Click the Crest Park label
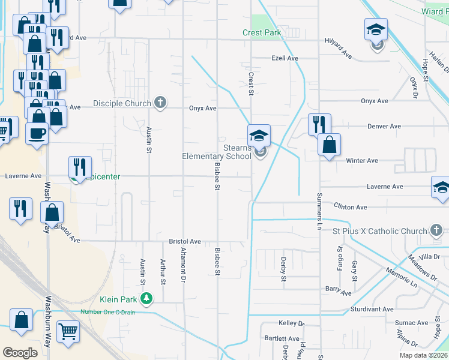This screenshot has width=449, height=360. pos(262,32)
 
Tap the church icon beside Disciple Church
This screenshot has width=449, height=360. pos(160,103)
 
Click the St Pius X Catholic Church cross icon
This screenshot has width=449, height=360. pos(436,230)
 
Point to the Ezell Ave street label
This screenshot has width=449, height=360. pos(285,58)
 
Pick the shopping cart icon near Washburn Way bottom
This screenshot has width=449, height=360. pos(68,331)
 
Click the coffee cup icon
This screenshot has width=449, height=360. pos(37,133)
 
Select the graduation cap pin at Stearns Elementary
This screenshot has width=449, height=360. pos(259,135)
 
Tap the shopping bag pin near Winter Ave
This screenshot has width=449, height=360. pos(329,145)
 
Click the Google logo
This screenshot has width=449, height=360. pos(20,353)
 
